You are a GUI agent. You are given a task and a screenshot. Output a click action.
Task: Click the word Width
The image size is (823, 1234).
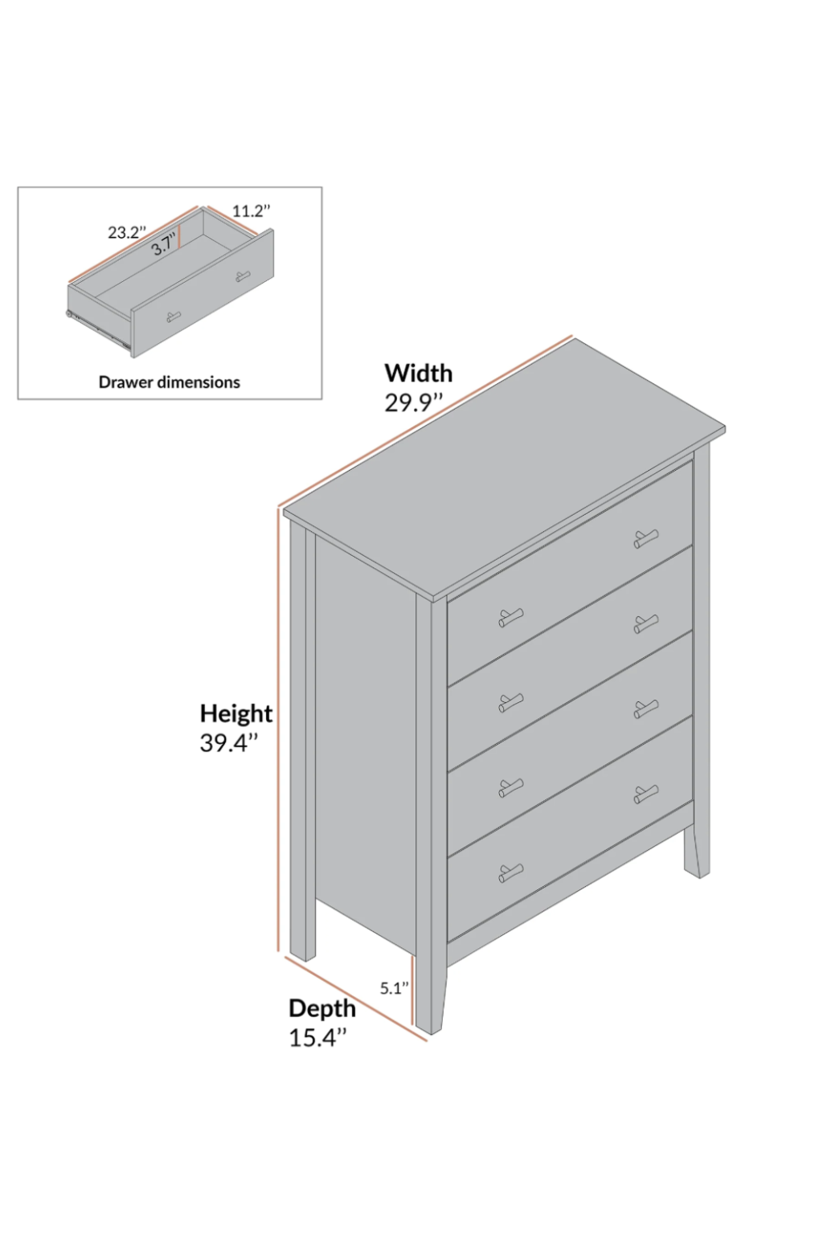click(418, 373)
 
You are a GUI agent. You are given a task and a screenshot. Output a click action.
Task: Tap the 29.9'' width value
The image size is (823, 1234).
click(413, 402)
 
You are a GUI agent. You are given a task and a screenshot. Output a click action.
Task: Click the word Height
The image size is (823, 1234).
click(235, 713)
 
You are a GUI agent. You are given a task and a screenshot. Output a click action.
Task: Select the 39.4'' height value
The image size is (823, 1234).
click(229, 743)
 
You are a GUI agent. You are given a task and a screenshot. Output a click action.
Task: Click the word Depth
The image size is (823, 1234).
click(321, 1008)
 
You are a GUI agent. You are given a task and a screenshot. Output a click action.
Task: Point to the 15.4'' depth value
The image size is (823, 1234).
click(317, 1038)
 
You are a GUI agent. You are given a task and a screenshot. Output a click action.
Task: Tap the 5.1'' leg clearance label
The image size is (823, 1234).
click(395, 989)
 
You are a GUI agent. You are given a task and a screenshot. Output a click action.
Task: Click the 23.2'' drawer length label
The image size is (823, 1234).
click(127, 233)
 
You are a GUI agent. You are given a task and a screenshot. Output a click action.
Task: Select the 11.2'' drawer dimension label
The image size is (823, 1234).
click(251, 211)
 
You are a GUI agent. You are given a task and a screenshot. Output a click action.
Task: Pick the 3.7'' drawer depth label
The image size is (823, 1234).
click(163, 247)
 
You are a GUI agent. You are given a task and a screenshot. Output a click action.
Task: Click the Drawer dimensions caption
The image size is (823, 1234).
click(169, 382)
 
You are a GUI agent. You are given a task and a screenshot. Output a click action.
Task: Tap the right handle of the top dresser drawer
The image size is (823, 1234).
click(645, 538)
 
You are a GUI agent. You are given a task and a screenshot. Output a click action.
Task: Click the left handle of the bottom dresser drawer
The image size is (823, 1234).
click(510, 872)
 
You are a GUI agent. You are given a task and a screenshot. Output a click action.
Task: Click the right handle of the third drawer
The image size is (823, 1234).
click(645, 709)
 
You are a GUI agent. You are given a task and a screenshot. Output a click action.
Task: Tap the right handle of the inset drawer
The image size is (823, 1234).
click(242, 277)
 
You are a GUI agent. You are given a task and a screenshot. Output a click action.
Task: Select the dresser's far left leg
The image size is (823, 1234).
click(301, 924)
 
